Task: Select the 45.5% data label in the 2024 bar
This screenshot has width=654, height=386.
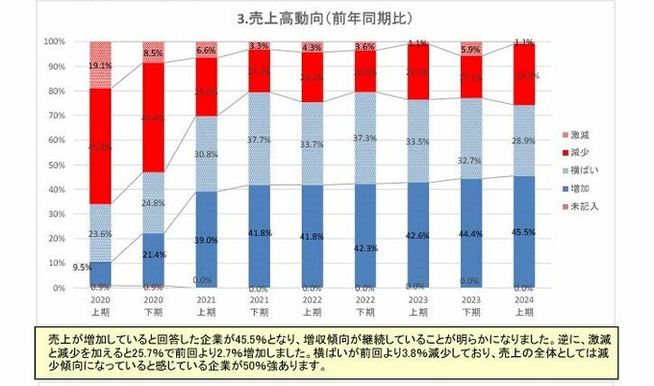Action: (525, 231)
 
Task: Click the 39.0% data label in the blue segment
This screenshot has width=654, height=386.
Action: (206, 239)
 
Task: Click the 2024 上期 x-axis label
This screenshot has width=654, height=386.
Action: (525, 305)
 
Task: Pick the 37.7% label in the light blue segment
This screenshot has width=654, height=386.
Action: (258, 138)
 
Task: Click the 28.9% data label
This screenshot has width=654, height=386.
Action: (525, 141)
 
